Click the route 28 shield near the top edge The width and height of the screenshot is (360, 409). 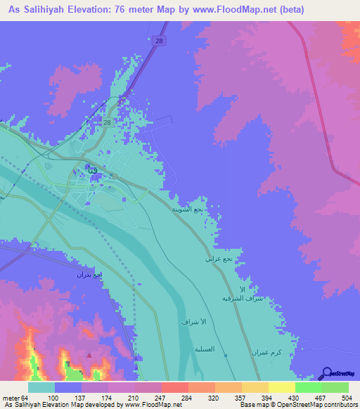(160, 41)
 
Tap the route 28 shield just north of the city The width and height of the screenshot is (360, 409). (107, 122)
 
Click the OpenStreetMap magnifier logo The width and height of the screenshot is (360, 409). (326, 373)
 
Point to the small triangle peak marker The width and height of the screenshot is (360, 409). (89, 355)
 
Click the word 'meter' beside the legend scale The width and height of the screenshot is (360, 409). (11, 398)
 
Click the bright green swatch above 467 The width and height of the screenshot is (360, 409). (308, 387)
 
